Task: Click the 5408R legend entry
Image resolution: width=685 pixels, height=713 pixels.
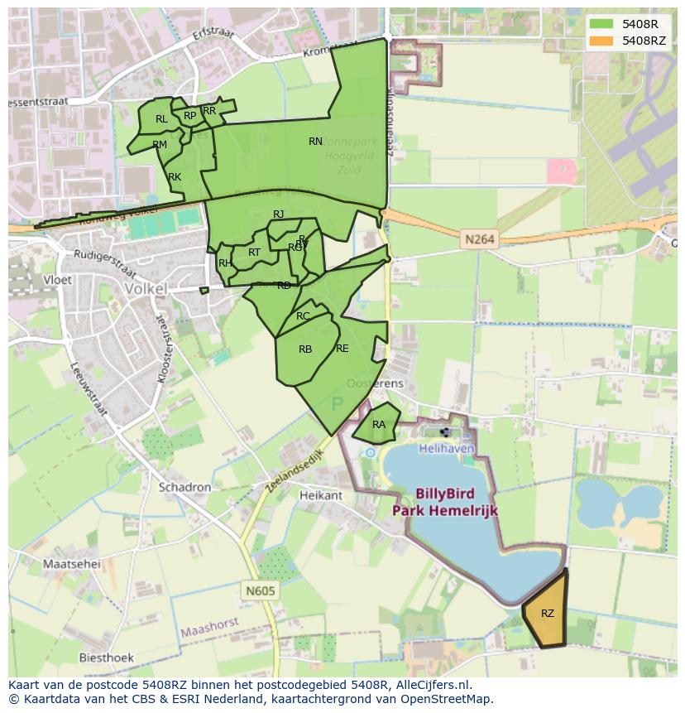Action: (625, 23)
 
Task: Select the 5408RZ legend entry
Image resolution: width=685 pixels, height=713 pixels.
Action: (625, 40)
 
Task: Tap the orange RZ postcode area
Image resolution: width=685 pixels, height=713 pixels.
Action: (547, 613)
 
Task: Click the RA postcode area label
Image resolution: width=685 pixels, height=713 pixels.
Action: (379, 425)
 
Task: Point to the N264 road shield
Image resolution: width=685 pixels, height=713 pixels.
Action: (480, 239)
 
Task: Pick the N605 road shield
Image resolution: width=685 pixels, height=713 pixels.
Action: (260, 590)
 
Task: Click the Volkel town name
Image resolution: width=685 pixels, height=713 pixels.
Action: (145, 289)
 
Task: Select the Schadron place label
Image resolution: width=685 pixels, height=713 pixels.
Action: (184, 487)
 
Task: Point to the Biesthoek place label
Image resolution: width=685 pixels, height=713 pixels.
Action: (106, 658)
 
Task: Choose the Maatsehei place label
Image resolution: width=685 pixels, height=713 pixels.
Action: (71, 564)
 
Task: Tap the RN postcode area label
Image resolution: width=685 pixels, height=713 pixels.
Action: (315, 142)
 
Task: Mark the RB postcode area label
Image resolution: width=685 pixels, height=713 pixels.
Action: (305, 349)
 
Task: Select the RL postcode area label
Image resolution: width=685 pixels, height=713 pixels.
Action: (161, 119)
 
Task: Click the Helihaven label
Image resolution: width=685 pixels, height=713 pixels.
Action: (447, 448)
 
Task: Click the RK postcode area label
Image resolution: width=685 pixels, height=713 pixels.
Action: (175, 177)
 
